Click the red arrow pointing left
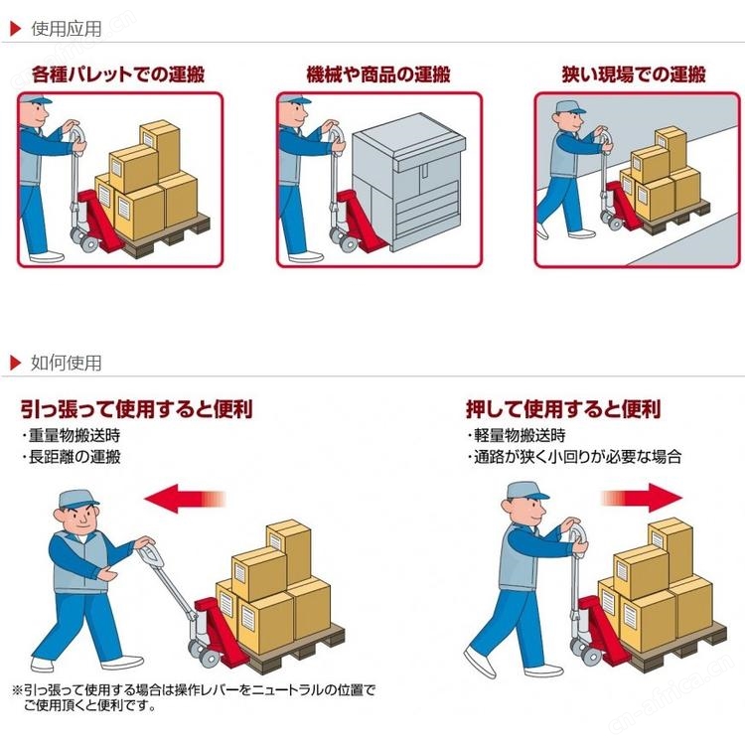(185, 499)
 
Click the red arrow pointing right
(642, 498)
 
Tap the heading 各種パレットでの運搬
(118, 74)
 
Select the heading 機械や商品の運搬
(378, 74)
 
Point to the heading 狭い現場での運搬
(634, 74)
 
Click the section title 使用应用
(67, 29)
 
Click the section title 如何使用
(67, 363)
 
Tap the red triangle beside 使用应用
(16, 29)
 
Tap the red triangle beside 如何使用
(16, 363)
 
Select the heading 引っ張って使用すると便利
(136, 409)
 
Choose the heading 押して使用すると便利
(563, 409)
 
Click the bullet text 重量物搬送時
(72, 435)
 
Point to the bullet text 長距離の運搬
(72, 457)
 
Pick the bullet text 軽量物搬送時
(517, 435)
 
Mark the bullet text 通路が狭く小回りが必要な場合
(575, 457)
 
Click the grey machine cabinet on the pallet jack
(408, 182)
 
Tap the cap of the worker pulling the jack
(76, 500)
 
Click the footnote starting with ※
(194, 697)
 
